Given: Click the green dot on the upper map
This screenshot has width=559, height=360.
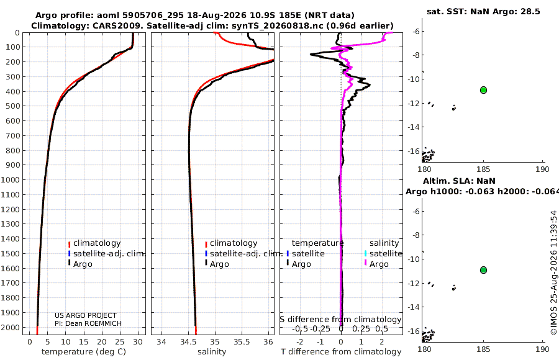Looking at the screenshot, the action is pos(483,90).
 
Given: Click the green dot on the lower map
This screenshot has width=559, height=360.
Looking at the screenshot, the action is pos(483,270).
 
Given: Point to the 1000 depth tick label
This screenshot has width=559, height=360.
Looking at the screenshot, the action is pos(11,179).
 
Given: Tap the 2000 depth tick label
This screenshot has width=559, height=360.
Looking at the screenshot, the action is pos(11,327).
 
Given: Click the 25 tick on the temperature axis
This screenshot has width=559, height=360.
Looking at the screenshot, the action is pos(120,342).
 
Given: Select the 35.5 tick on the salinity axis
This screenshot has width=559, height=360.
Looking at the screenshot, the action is pos(242,342).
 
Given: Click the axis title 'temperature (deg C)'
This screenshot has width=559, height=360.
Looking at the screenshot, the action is pos(84,352).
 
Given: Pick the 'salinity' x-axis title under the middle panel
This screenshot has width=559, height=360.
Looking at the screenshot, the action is pos(212,352).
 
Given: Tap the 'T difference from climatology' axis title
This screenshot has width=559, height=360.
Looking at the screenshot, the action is pos(341,352).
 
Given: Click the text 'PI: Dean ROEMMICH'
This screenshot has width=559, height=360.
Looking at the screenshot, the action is pos(88,323).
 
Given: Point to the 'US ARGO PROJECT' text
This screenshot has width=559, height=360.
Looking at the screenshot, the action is pos(86,315).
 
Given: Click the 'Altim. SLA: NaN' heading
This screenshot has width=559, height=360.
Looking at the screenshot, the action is pos(459,181).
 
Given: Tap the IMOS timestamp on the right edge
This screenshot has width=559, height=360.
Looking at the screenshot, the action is pos(553,272).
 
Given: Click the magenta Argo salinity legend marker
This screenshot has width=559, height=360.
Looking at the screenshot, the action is pos(365,263).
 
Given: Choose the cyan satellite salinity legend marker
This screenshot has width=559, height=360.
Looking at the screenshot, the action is pos(365,253).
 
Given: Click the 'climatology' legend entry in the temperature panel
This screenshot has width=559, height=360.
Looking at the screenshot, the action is pos(97,243).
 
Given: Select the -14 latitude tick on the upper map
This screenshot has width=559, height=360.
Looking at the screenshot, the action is pos(415,127).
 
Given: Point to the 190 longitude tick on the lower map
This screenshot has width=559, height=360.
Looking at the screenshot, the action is pos(542,349).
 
